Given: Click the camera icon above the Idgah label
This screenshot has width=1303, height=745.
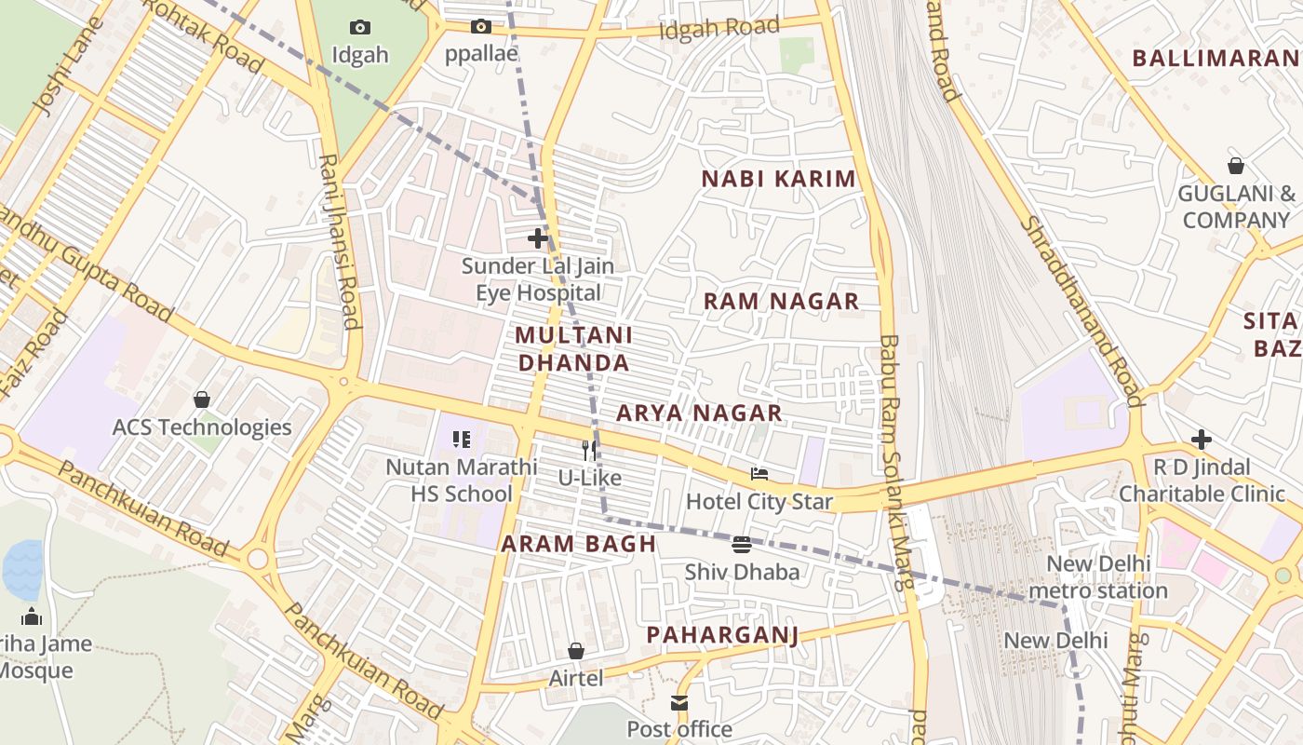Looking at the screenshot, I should (360, 28).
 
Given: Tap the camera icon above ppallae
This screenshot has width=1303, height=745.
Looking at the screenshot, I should (481, 27).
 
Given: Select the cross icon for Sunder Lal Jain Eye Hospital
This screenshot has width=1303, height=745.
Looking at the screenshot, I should (538, 238).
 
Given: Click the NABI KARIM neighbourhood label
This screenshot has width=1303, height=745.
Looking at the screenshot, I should (778, 179).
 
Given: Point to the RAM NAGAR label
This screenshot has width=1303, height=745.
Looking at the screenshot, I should (781, 301).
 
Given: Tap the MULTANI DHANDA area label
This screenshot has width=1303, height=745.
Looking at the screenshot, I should (573, 348).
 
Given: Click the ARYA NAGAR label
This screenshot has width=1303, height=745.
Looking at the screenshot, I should (699, 413).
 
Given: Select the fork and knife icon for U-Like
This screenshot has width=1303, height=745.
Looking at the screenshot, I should (589, 451).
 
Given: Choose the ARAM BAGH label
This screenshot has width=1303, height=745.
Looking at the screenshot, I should (579, 544).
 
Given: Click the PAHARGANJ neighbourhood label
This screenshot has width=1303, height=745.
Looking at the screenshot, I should (723, 635).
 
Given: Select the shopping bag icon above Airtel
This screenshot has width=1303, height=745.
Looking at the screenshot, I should (576, 651).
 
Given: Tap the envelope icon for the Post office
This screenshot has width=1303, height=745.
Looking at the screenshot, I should (679, 702).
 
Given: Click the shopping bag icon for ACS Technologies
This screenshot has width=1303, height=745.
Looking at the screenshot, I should (202, 400).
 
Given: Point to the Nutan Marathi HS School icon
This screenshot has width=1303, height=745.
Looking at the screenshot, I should (462, 439).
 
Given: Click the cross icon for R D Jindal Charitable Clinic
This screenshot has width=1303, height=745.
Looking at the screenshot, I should (1202, 439).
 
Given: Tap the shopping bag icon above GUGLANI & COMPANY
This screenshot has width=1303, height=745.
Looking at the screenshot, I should (1236, 166).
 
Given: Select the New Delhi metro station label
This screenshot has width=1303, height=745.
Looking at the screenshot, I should (1099, 576).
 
